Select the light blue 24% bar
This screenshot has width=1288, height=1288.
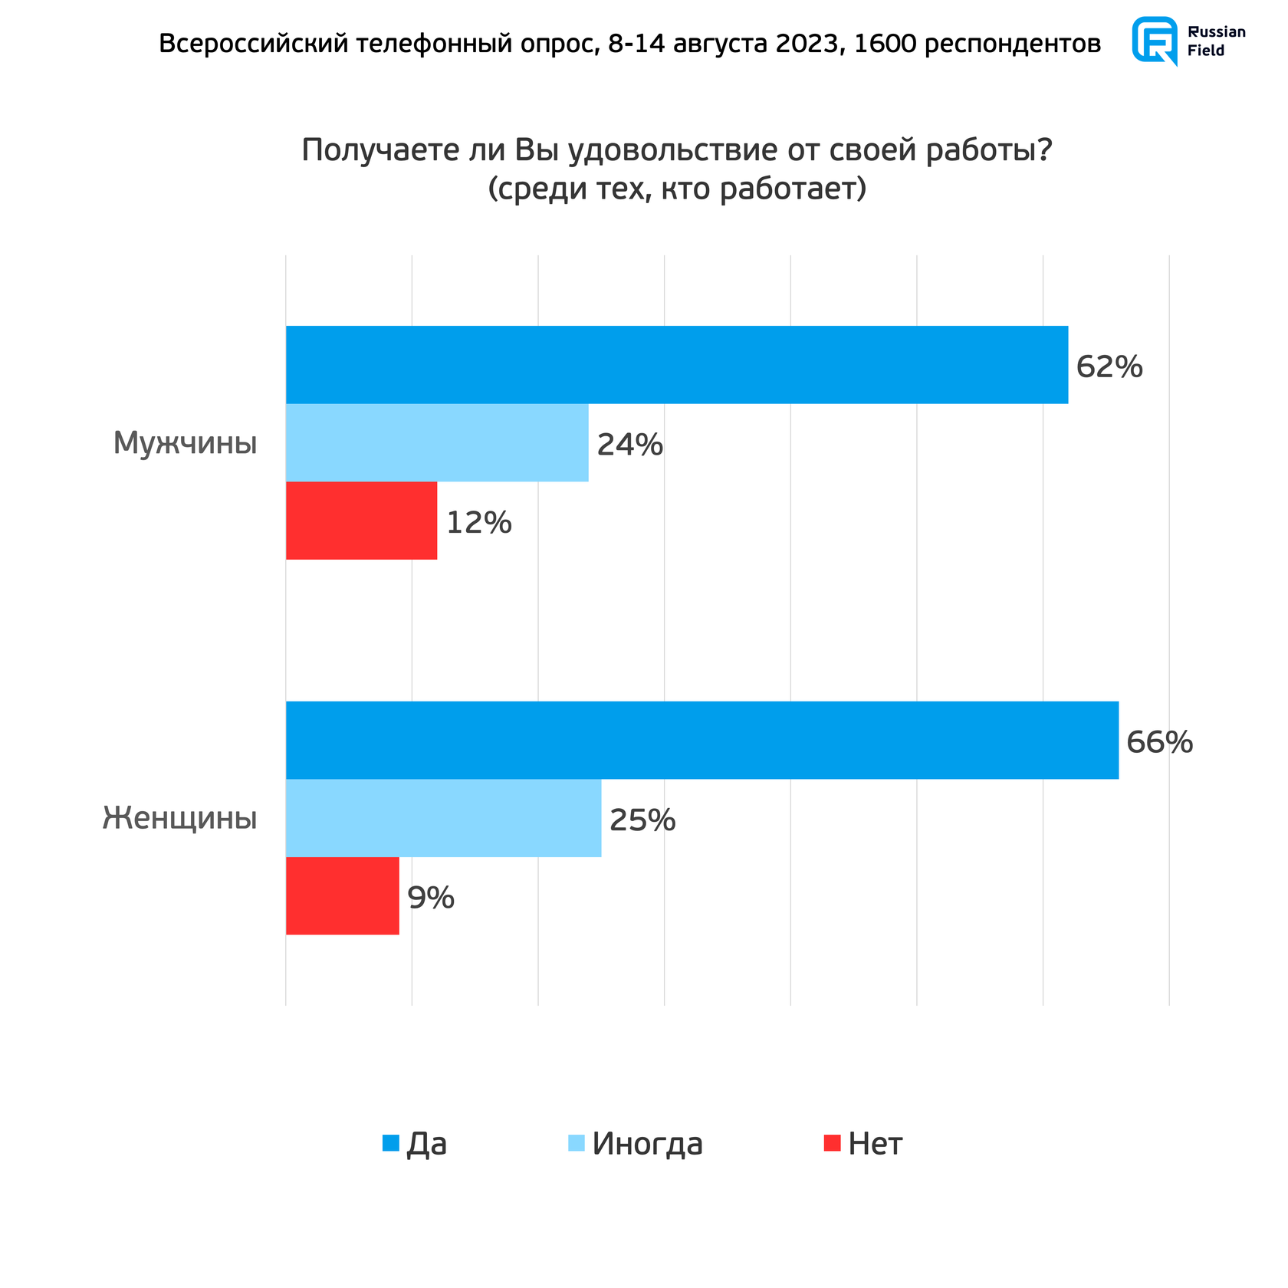tap(437, 442)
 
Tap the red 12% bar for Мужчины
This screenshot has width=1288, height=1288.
tap(361, 521)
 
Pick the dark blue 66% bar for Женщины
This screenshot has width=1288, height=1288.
tap(701, 740)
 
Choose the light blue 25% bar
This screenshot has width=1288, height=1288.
tap(443, 818)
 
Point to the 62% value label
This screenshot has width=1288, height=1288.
tap(1109, 367)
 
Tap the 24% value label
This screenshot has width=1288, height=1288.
tap(629, 445)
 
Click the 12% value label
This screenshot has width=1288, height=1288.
tap(478, 523)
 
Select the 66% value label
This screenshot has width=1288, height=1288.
tap(1159, 742)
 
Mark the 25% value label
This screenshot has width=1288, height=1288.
tap(642, 820)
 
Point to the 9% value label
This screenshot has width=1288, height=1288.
tap(431, 898)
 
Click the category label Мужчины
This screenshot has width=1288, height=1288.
tap(185, 443)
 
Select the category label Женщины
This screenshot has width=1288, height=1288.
tap(180, 818)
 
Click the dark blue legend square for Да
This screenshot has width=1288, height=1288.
tap(391, 1143)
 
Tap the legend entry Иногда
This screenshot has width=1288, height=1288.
tap(646, 1144)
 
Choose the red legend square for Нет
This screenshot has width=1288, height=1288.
tap(833, 1143)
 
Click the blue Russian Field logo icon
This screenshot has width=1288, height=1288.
tap(1155, 41)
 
